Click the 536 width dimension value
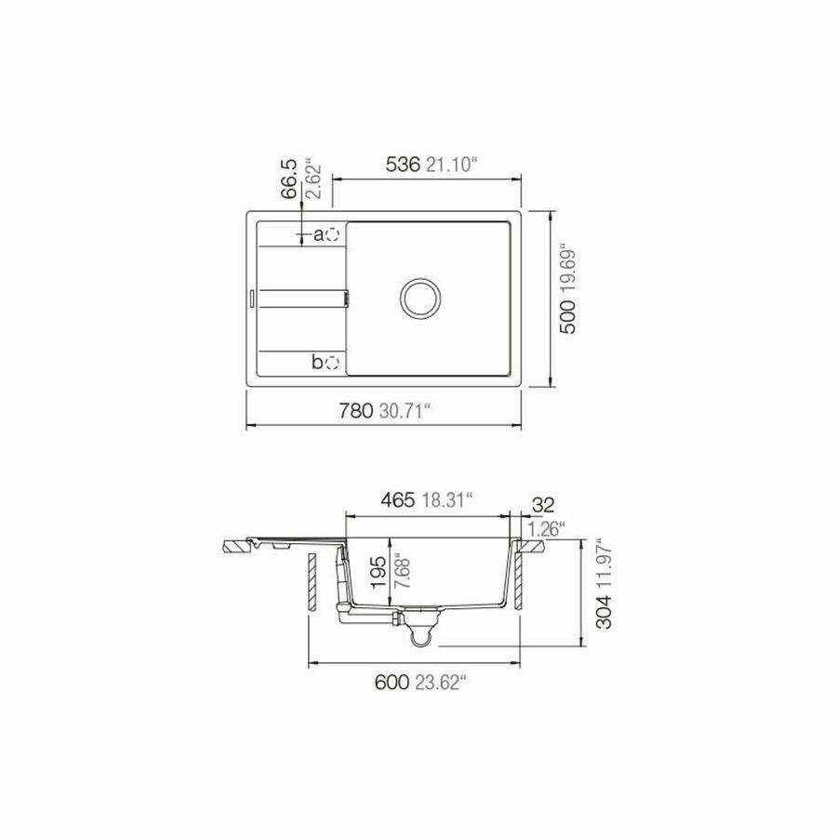point(404,166)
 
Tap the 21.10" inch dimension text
point(452,166)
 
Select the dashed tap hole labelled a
point(336,234)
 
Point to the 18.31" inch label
point(446,500)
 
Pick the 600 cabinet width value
point(392,683)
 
